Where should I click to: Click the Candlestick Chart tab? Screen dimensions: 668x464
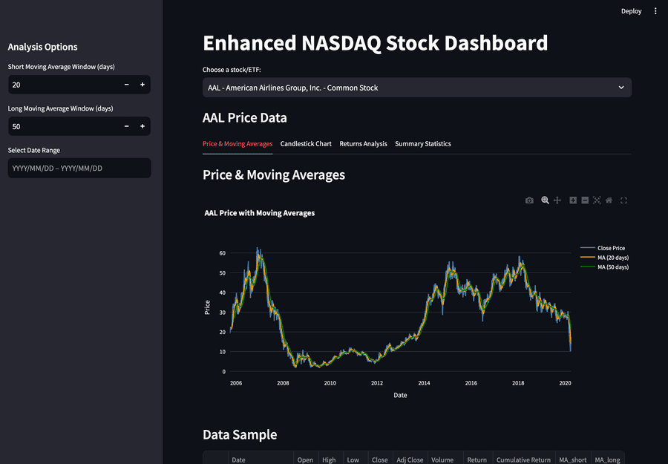click(x=306, y=143)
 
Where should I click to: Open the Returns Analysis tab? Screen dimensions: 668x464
click(x=363, y=143)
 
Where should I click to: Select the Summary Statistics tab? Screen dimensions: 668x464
click(x=422, y=143)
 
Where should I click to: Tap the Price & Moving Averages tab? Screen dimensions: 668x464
click(x=238, y=143)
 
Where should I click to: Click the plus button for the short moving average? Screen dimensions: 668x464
click(x=143, y=85)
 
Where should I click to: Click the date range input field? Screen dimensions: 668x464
click(x=79, y=169)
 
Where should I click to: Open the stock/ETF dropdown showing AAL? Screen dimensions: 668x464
click(x=416, y=88)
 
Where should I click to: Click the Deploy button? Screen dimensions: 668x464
click(x=631, y=11)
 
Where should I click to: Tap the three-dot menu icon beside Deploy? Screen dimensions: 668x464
click(x=655, y=11)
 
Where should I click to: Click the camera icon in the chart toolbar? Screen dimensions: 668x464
click(x=529, y=200)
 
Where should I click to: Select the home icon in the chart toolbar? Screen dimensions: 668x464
click(x=609, y=200)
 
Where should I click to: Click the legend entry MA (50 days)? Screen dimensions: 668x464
click(x=612, y=267)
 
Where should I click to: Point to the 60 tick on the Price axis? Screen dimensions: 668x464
click(x=222, y=253)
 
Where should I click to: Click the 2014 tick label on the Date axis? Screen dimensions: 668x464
click(x=424, y=383)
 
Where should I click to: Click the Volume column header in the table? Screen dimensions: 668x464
click(x=443, y=460)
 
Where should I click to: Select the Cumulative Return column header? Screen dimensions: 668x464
click(x=523, y=460)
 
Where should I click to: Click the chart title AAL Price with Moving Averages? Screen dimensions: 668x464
click(x=260, y=213)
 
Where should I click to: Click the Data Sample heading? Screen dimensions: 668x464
click(x=240, y=435)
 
